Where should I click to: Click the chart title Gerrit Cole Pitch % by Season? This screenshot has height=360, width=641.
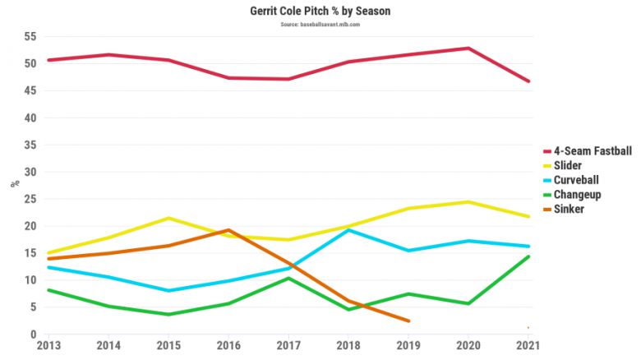(320, 12)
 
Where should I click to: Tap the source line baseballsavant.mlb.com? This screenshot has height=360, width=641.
(320, 25)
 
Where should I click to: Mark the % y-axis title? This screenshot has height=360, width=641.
(14, 183)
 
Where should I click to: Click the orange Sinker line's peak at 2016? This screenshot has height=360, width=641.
(229, 230)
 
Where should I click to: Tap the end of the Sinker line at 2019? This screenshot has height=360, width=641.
(408, 321)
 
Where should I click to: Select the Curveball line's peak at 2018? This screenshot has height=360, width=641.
(349, 230)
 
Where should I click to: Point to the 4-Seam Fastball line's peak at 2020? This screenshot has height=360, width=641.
(468, 48)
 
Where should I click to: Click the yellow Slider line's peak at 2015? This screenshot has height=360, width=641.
(169, 218)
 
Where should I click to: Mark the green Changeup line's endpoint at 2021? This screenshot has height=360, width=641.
(528, 256)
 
